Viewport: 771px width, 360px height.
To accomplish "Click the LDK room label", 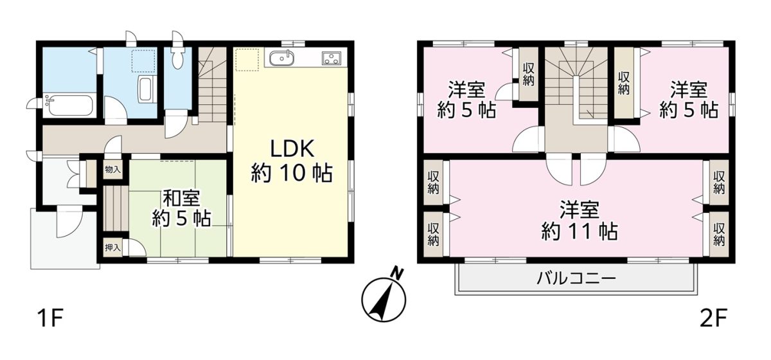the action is [x=292, y=149].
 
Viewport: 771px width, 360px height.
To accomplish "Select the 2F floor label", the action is [x=714, y=319].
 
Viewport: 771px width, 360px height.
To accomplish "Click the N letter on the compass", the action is [x=398, y=273].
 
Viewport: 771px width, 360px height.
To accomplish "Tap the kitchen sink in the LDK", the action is [x=281, y=58].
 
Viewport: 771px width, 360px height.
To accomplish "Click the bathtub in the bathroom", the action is [x=70, y=106].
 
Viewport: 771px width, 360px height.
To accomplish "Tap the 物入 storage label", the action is [x=113, y=169].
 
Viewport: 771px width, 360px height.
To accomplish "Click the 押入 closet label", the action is [x=113, y=248].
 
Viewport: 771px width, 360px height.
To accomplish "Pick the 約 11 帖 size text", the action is [x=580, y=231].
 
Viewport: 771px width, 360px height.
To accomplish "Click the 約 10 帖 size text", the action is [x=292, y=172].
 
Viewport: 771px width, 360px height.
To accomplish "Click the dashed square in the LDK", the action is [x=247, y=60].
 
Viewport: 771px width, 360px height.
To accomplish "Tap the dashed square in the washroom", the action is [x=143, y=60].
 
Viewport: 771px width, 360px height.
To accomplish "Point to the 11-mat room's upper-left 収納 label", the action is [x=433, y=182].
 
